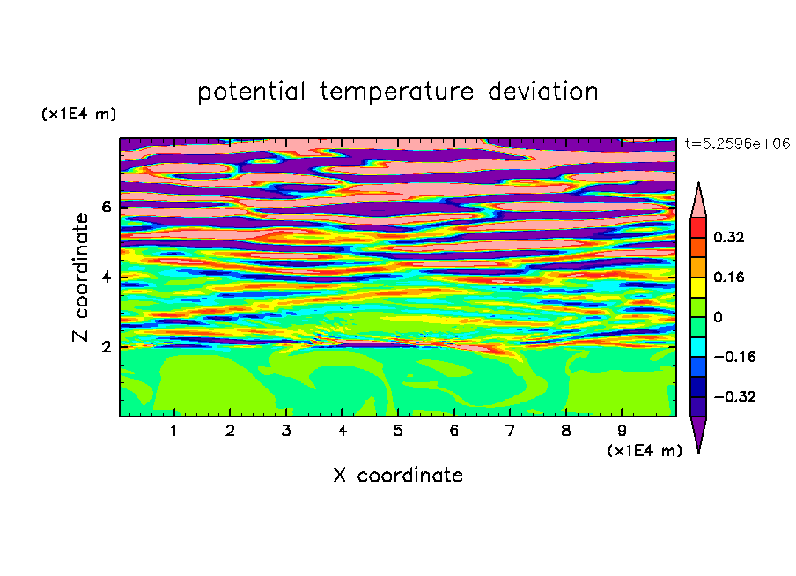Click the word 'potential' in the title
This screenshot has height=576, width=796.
click(x=251, y=92)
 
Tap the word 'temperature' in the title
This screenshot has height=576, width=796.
click(x=396, y=92)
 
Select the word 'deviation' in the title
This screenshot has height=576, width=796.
click(x=542, y=92)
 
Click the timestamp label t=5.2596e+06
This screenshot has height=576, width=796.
click(x=737, y=144)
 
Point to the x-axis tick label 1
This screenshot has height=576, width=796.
click(x=174, y=431)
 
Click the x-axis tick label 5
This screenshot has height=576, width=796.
click(x=398, y=431)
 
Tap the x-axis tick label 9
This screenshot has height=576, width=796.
click(x=622, y=431)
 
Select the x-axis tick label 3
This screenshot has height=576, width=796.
click(x=286, y=431)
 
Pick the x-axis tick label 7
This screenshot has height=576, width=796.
click(x=510, y=431)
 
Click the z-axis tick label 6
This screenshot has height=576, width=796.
click(x=106, y=207)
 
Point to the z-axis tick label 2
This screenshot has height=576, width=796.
click(x=106, y=347)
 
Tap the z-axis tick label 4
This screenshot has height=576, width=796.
click(x=106, y=277)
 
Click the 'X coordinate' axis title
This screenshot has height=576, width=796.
click(x=398, y=475)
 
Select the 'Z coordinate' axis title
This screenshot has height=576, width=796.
click(x=80, y=277)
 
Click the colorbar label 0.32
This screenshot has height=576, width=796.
click(x=729, y=237)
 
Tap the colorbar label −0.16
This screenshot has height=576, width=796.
click(x=734, y=357)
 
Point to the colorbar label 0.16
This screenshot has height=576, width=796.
click(x=729, y=277)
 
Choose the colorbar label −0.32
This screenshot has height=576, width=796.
click(x=734, y=396)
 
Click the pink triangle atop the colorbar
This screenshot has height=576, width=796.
click(x=698, y=203)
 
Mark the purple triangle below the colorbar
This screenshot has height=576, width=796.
click(x=698, y=431)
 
